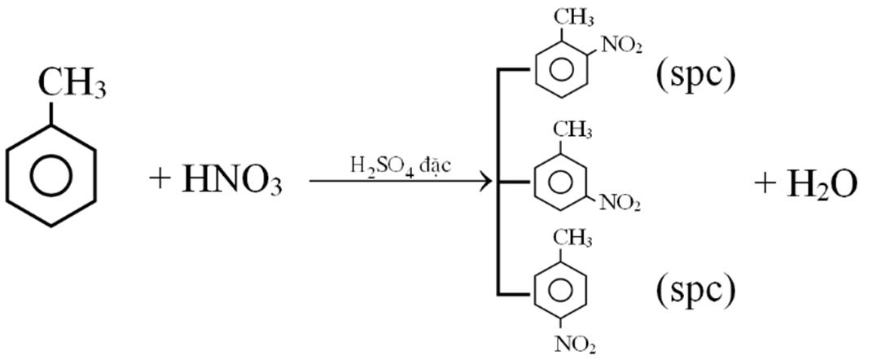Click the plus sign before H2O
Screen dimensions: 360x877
pyautogui.click(x=765, y=184)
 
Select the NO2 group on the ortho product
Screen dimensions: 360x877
pyautogui.click(x=621, y=46)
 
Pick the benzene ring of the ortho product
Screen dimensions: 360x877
pyautogui.click(x=557, y=70)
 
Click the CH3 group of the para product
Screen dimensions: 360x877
pyautogui.click(x=573, y=237)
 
